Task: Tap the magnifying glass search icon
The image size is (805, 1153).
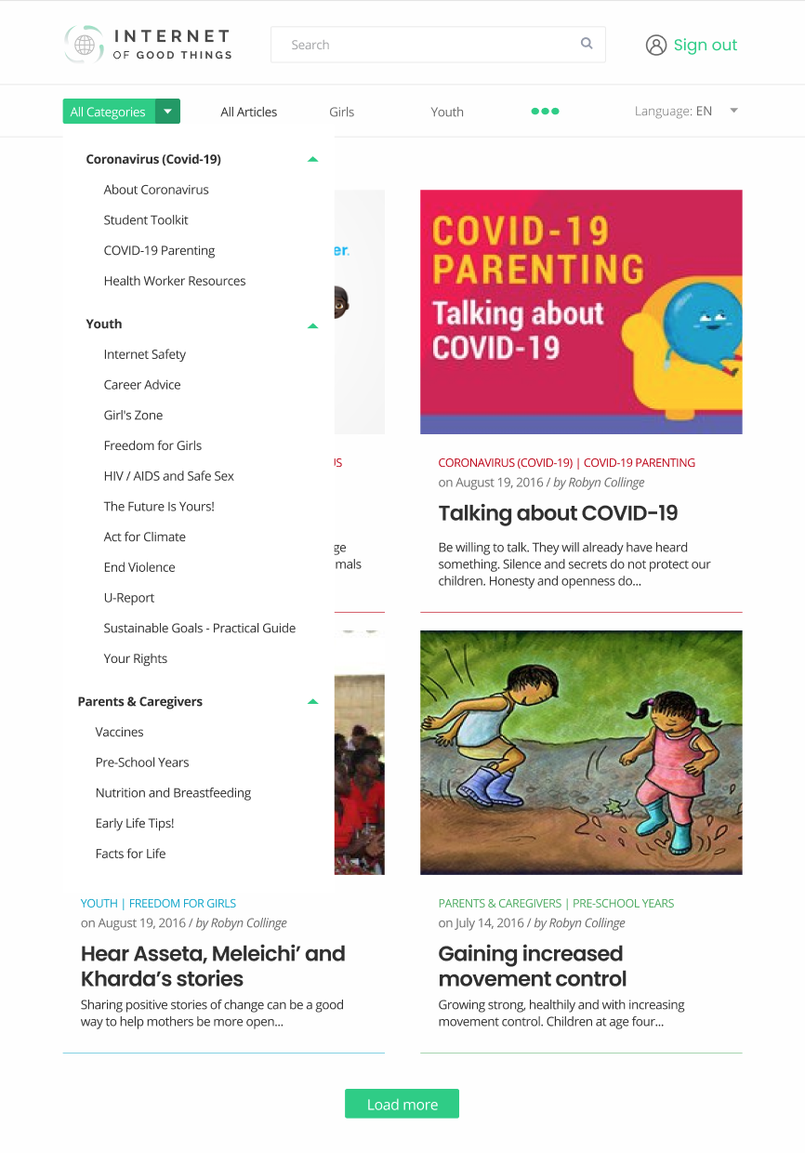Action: [587, 44]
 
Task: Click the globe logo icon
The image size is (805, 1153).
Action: [84, 45]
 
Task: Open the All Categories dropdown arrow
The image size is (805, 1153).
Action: [168, 112]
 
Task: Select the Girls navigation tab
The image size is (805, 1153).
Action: [341, 112]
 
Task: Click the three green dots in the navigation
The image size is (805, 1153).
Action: [545, 112]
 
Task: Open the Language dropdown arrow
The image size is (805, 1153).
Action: [733, 111]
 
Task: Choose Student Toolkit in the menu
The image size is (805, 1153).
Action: [146, 220]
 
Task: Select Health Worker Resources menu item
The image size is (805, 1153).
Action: [175, 281]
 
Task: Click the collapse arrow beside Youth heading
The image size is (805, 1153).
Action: [313, 325]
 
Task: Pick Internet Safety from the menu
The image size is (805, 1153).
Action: [145, 354]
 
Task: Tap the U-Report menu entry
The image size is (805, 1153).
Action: [129, 598]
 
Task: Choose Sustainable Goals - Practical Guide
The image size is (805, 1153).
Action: [200, 629]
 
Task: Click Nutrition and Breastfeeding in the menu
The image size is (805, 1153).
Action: [173, 793]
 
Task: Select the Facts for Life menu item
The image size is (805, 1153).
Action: [131, 854]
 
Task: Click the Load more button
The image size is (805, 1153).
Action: [402, 1104]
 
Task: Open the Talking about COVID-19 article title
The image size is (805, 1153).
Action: [558, 513]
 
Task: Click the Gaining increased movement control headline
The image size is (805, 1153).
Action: [533, 966]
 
